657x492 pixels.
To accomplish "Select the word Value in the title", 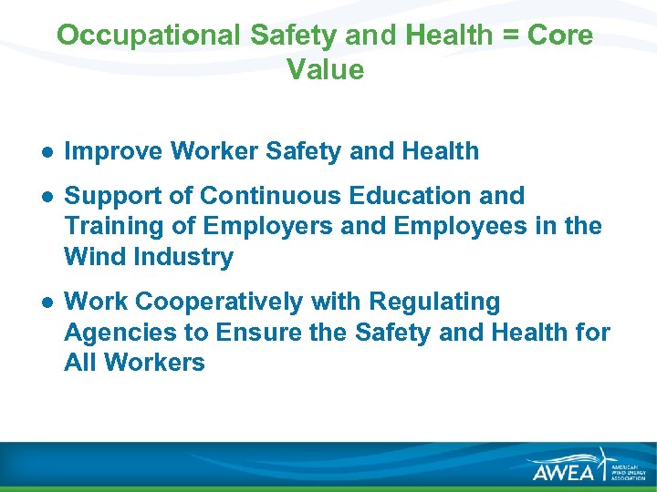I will click(x=325, y=69).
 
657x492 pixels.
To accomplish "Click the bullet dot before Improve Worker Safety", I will click(x=46, y=152).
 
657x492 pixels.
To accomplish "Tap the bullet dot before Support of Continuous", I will click(x=46, y=196).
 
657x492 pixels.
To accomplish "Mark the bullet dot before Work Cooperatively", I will click(x=46, y=302).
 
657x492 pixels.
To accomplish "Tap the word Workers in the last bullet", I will click(x=154, y=363).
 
